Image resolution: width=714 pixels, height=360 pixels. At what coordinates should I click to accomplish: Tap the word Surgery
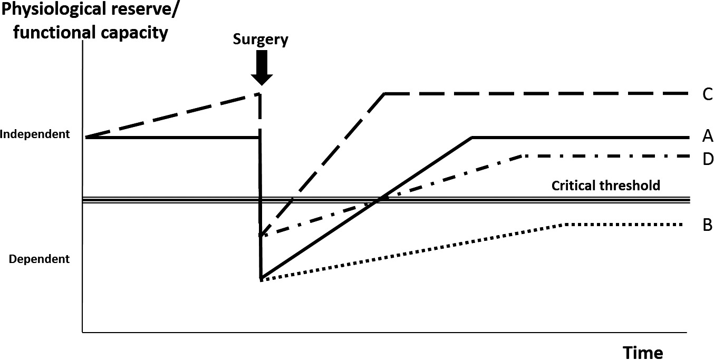click(x=261, y=40)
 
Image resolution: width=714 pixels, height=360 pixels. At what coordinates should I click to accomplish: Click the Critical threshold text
click(x=606, y=186)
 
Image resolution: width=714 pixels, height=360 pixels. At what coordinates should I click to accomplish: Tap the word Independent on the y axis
click(x=35, y=134)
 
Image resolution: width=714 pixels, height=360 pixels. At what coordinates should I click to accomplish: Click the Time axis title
click(x=643, y=352)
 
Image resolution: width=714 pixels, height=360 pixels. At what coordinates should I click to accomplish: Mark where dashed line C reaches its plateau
click(x=385, y=94)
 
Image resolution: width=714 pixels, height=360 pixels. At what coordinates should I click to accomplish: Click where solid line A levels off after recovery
click(x=472, y=137)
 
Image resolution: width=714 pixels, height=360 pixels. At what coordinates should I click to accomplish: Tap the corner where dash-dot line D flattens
click(x=522, y=156)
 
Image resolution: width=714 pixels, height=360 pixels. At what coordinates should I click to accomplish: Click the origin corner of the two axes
click(x=83, y=332)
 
